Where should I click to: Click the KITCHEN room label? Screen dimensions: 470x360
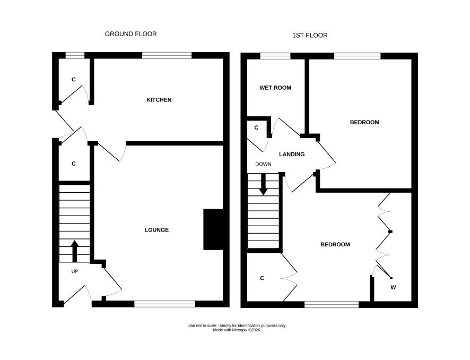(x=159, y=100)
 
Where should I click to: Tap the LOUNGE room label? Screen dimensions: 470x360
(x=156, y=230)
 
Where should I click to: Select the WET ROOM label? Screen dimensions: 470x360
(x=275, y=88)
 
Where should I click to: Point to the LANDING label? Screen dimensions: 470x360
(x=292, y=154)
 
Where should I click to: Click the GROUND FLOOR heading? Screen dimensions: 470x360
(x=130, y=34)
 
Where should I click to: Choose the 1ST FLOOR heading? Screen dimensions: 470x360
(x=310, y=36)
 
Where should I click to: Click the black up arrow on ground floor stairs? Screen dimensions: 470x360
(x=74, y=251)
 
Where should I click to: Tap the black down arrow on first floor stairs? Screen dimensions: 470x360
(x=263, y=184)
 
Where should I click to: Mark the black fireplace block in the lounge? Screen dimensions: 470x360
(x=213, y=229)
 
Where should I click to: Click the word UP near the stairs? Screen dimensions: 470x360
(x=75, y=271)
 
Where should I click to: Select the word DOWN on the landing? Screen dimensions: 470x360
(x=263, y=164)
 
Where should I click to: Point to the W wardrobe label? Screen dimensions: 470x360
(x=393, y=287)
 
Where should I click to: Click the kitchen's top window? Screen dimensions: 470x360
(x=167, y=56)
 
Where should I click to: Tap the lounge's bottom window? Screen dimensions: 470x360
(x=164, y=304)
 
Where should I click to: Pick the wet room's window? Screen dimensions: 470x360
(x=275, y=56)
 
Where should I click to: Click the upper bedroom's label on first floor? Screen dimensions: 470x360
(x=364, y=123)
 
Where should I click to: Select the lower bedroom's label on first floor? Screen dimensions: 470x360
(x=335, y=244)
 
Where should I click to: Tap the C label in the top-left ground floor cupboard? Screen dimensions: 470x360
(x=73, y=80)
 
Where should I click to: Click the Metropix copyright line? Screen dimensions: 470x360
(x=237, y=330)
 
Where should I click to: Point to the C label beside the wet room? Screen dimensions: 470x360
(x=256, y=128)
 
